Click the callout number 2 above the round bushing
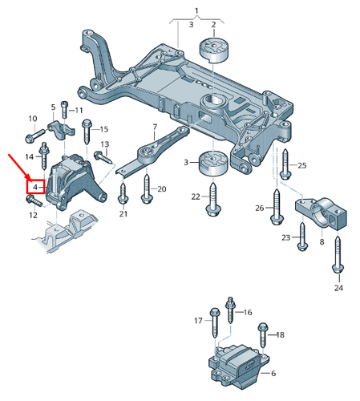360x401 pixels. (213, 24)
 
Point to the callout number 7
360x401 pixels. (154, 127)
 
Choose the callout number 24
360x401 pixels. (338, 287)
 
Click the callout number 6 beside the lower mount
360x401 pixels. (273, 374)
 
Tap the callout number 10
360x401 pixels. (32, 119)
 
